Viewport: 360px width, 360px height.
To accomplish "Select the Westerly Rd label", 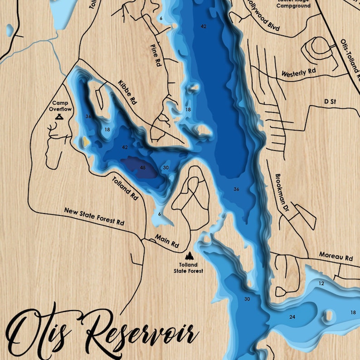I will (298, 73).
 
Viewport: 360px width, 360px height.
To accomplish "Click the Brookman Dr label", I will (282, 188).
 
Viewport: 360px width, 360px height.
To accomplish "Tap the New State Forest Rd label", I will (94, 217).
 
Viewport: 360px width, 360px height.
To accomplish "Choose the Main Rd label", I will (167, 241).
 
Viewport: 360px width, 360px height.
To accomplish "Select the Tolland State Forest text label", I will (188, 268).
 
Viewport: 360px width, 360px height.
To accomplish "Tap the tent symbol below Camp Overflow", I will (59, 117).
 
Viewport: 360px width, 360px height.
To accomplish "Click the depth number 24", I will (292, 317).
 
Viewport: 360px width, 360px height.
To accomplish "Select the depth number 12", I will (321, 283).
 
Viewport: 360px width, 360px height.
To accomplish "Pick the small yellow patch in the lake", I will (85, 142).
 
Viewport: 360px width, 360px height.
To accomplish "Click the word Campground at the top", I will (293, 6).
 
